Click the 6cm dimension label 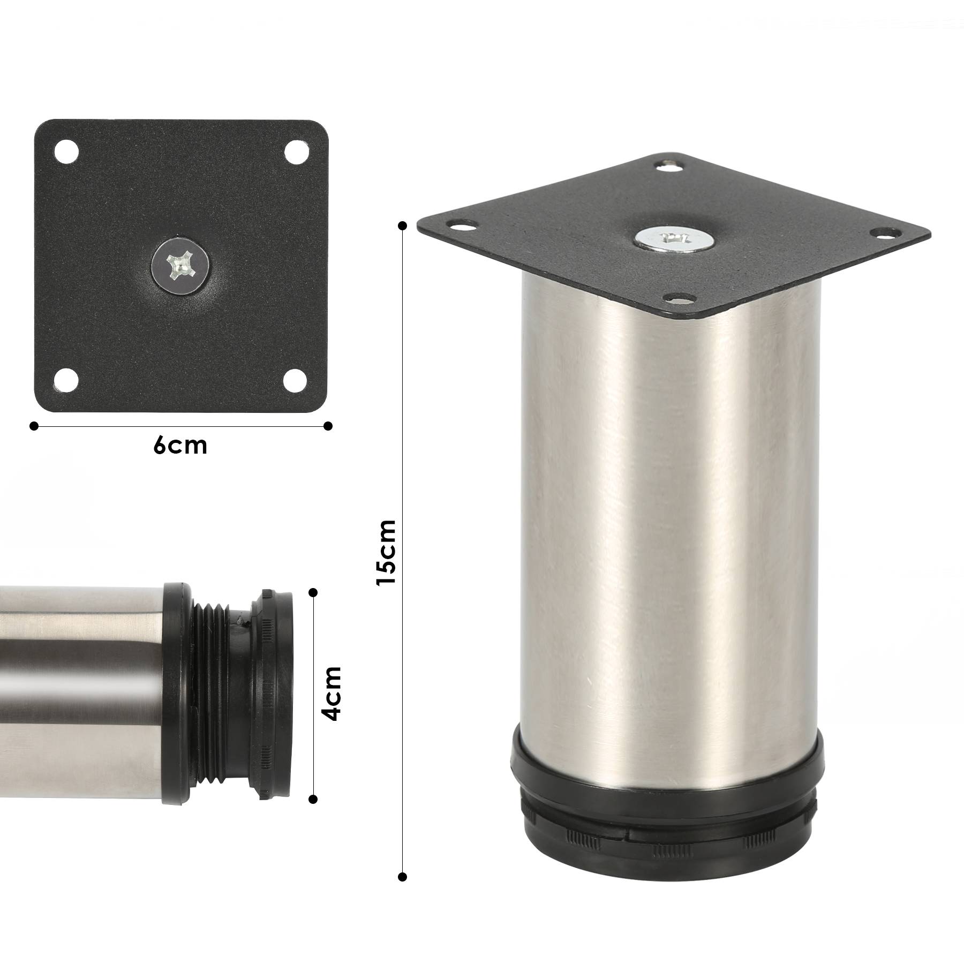(180, 446)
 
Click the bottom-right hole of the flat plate (295, 381)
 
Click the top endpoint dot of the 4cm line (313, 592)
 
